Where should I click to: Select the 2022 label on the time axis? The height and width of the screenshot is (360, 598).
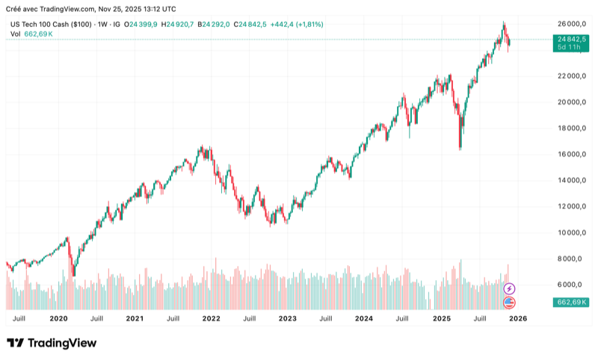click(211, 318)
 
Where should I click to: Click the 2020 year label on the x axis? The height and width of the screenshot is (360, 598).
click(58, 318)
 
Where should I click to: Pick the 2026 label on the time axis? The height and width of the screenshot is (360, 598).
click(517, 318)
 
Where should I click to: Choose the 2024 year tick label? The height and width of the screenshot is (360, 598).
click(364, 318)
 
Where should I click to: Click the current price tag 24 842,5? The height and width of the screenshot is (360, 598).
click(571, 38)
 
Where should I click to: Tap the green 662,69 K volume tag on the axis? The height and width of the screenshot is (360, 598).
click(571, 302)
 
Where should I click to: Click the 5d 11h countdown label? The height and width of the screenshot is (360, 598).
click(571, 47)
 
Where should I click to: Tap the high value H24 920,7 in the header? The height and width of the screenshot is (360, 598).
click(180, 25)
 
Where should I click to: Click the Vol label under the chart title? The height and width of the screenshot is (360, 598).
click(16, 34)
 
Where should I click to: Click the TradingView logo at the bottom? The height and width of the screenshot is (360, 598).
click(52, 343)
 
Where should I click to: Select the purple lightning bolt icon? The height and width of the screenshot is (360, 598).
click(510, 288)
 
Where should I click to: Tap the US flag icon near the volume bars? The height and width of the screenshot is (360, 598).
click(510, 302)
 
